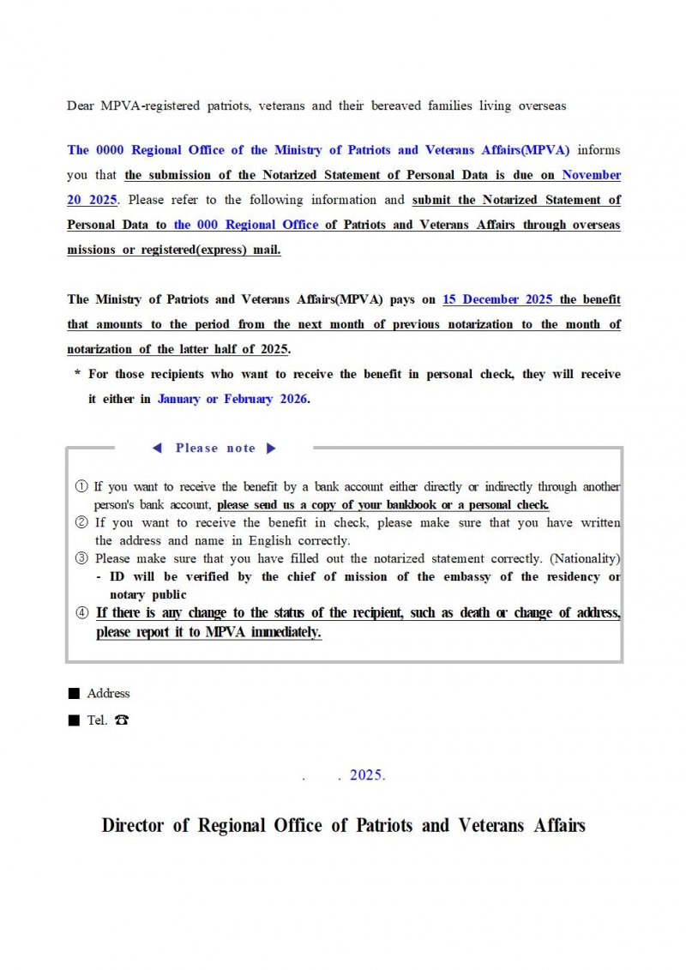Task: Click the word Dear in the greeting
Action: point(81,105)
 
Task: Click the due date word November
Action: point(591,175)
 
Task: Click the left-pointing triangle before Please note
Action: point(157,448)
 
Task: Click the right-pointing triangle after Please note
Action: point(271,448)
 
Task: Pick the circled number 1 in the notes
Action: point(82,486)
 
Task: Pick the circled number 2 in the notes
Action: point(82,522)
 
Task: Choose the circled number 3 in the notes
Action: point(82,558)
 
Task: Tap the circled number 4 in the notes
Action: point(82,612)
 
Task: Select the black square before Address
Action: point(74,693)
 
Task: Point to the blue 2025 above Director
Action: point(367,774)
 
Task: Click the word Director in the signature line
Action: point(134,825)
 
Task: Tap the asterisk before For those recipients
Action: point(77,375)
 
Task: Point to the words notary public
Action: point(147,594)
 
